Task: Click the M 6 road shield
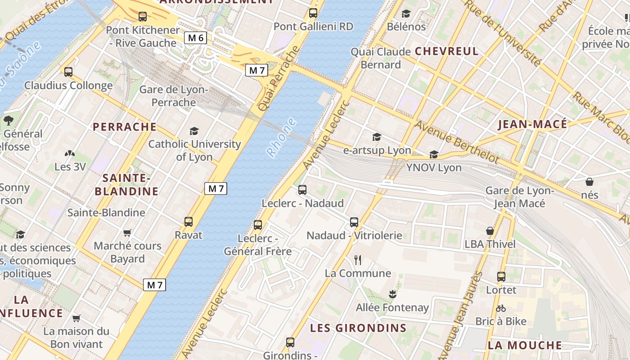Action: pos(196,38)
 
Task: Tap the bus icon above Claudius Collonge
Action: pos(68,72)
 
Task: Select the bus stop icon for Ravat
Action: pos(189,221)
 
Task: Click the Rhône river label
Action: pos(281,137)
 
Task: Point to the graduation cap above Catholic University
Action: pos(194,131)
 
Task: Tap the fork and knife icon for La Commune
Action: pos(358,260)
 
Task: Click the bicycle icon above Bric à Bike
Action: pos(501,308)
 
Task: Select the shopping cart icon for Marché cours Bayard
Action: pos(127,233)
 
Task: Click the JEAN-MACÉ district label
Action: pos(532,125)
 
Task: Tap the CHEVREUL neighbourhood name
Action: pos(446,51)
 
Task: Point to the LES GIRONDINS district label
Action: pos(358,328)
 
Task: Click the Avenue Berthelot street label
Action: pos(456,142)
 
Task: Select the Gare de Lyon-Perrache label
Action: pos(174,96)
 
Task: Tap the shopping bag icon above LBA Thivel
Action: pos(490,231)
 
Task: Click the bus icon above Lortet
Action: pos(501,276)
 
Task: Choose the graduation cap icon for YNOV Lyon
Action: pos(434,154)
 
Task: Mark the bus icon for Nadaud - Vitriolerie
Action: pos(354,222)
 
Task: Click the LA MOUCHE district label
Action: pos(525,345)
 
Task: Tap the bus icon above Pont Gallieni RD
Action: pos(313,13)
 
